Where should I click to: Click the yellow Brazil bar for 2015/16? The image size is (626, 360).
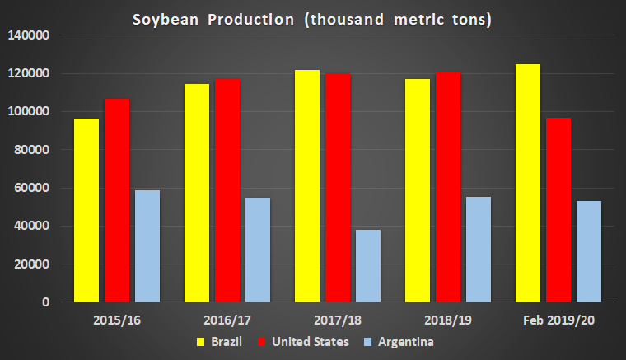[x=86, y=210]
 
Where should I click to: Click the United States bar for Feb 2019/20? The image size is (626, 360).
[x=558, y=210]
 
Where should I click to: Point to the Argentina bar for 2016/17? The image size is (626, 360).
[x=257, y=250]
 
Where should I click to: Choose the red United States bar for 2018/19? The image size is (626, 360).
[x=448, y=187]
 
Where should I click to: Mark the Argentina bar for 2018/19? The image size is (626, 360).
[x=478, y=250]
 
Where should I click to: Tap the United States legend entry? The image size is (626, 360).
[x=302, y=341]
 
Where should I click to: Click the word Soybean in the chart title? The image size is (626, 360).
[x=161, y=19]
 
